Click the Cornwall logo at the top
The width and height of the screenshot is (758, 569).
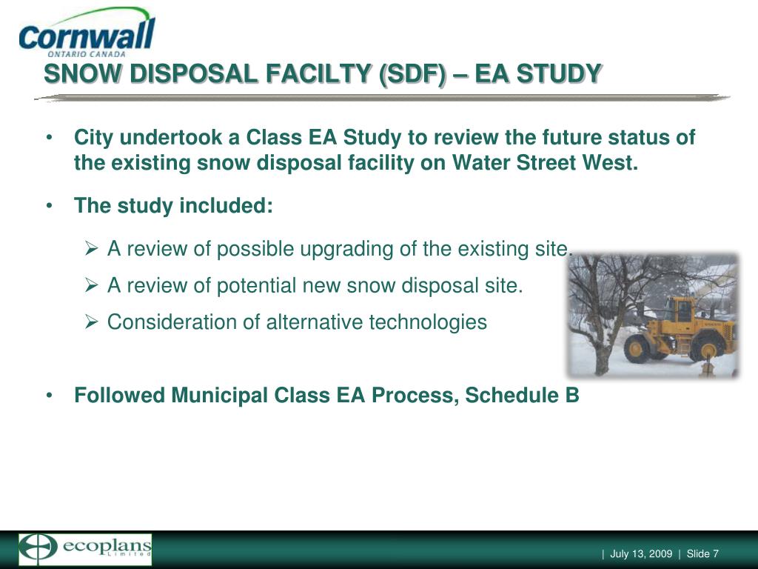click(x=87, y=33)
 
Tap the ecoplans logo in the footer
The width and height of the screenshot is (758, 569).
click(x=85, y=550)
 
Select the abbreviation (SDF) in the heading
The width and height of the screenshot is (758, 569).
click(x=412, y=74)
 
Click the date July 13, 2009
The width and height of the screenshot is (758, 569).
click(x=641, y=553)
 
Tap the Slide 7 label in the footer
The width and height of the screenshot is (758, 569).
click(x=702, y=553)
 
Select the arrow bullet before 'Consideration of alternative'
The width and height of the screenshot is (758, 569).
click(x=91, y=322)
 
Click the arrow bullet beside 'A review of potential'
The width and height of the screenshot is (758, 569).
click(x=91, y=285)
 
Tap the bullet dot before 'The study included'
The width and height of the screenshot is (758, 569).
click(x=49, y=206)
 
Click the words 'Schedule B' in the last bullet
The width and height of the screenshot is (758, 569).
click(x=522, y=395)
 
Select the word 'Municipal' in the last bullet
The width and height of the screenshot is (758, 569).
click(x=219, y=395)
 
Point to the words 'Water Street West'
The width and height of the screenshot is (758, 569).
click(x=546, y=162)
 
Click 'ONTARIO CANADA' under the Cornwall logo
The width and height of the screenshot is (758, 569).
click(x=87, y=54)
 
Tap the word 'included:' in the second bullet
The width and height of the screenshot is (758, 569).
click(x=227, y=205)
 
